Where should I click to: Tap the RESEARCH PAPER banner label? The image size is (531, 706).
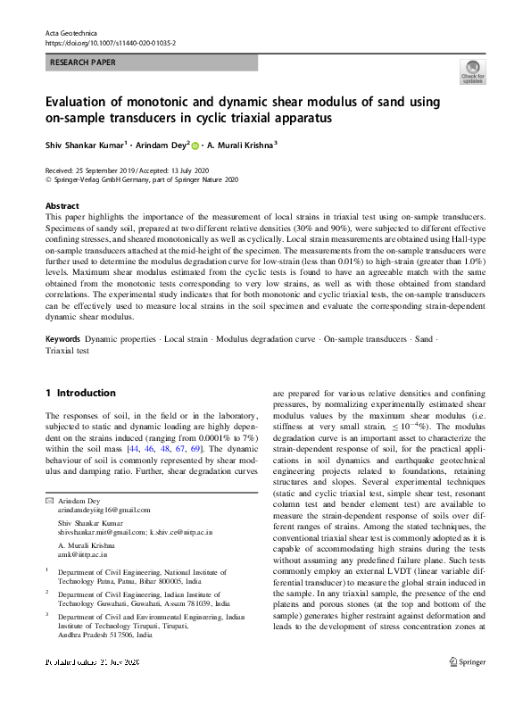(82, 63)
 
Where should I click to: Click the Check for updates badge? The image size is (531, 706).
(472, 72)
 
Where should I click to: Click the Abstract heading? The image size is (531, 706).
(62, 204)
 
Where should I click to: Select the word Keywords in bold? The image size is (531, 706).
(62, 340)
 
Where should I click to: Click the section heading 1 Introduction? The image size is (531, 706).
(80, 393)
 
